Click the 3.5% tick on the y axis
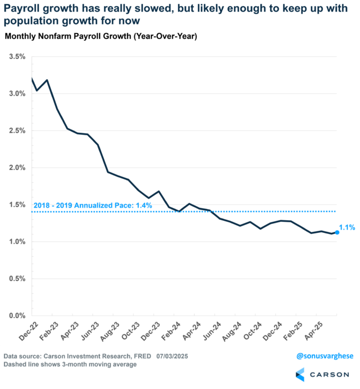click(x=17, y=57)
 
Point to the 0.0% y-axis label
click(x=17, y=316)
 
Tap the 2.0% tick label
click(x=17, y=168)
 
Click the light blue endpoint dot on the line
click(x=337, y=232)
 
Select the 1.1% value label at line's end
click(x=347, y=228)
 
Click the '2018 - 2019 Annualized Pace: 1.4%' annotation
click(x=93, y=206)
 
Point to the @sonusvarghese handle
click(x=325, y=356)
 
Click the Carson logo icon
click(x=300, y=374)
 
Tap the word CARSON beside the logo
click(x=329, y=374)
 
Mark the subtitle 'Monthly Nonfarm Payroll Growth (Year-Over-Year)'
click(x=101, y=37)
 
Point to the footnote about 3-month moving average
click(x=70, y=364)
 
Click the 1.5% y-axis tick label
click(x=17, y=205)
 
